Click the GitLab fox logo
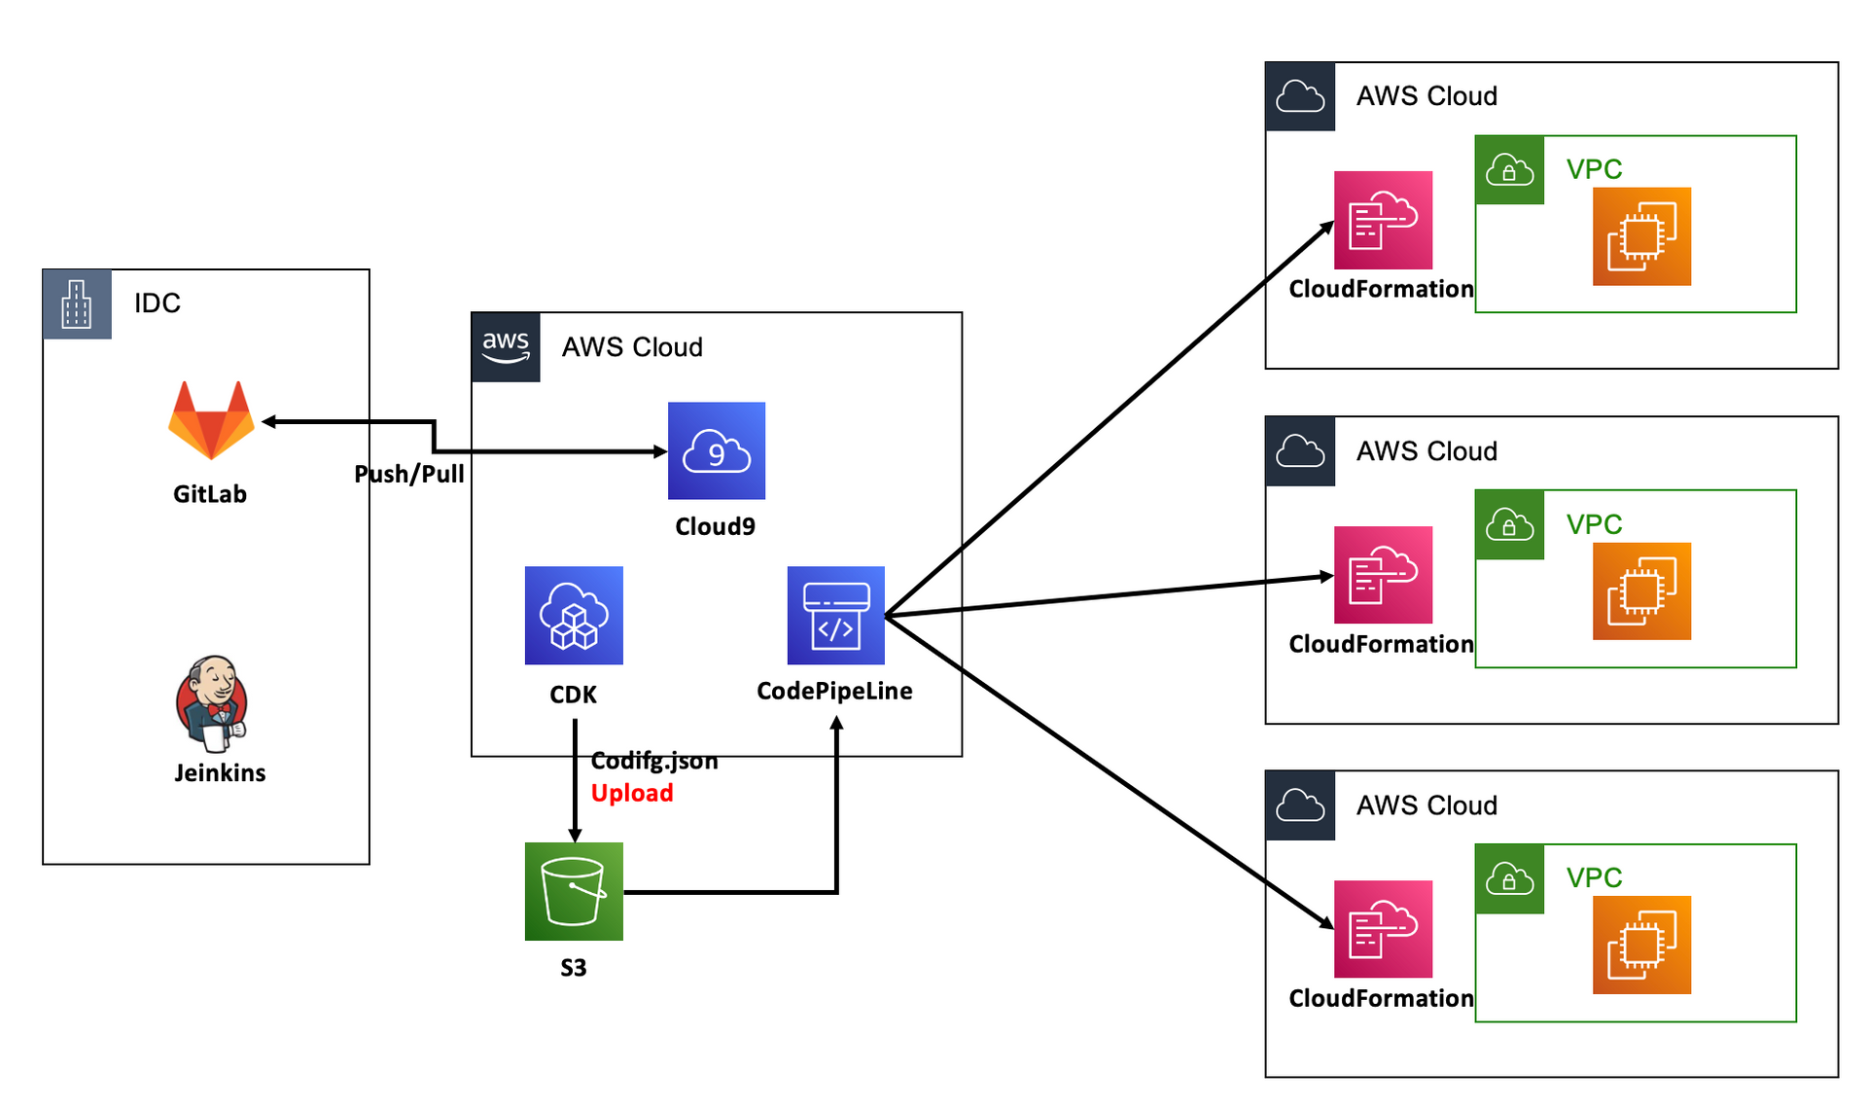coord(211,420)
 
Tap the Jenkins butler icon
coord(212,703)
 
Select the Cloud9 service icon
coord(717,450)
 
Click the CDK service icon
coord(574,616)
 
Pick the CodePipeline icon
coord(836,616)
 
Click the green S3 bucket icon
coord(574,891)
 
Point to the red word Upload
coord(632,794)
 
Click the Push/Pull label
coord(409,475)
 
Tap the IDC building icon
coord(77,304)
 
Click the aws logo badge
coord(506,347)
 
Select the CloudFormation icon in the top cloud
coord(1383,221)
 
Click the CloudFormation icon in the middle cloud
coord(1383,575)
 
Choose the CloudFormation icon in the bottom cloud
coord(1383,929)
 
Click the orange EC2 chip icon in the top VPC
coord(1641,236)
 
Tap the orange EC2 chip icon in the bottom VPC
coord(1641,945)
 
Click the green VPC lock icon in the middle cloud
coord(1509,525)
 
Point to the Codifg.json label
coord(654,761)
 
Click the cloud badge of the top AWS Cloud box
coord(1300,96)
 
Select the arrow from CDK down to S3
coord(575,778)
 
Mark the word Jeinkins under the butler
coord(220,773)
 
